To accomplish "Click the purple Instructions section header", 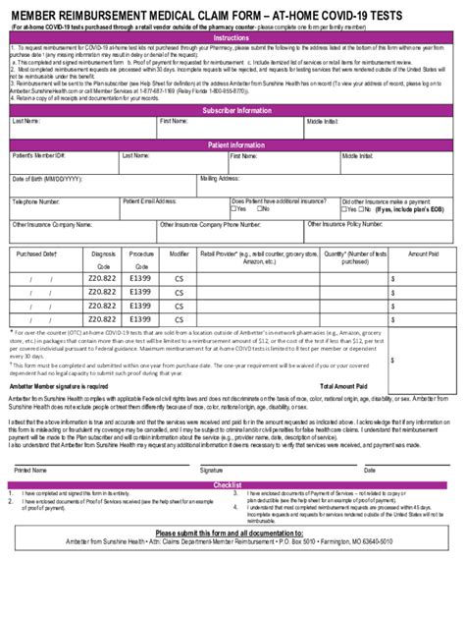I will click(x=232, y=37).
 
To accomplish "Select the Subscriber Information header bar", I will click(x=232, y=110).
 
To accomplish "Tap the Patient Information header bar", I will click(x=232, y=145).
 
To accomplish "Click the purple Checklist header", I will click(x=232, y=484).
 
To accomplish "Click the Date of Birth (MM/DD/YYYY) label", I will click(x=47, y=180).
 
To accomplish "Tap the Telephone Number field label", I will click(x=37, y=202).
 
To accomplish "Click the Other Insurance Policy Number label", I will click(x=346, y=225).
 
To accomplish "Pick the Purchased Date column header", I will click(x=37, y=253).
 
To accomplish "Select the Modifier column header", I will click(x=179, y=253).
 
